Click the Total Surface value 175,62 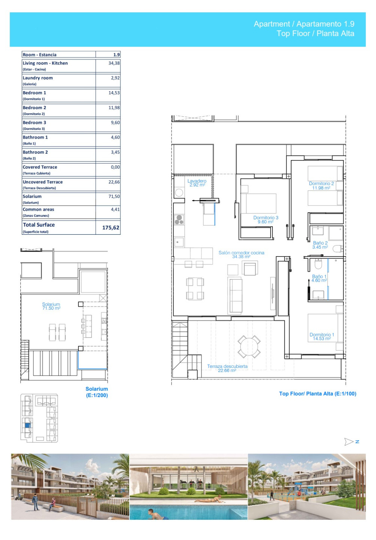[x=111, y=228]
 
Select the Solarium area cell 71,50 [x=114, y=196]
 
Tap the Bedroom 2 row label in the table [x=34, y=108]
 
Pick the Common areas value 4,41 [x=115, y=210]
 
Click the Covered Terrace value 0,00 [x=115, y=167]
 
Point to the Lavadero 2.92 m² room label [x=197, y=183]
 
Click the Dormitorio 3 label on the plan [x=266, y=220]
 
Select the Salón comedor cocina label [x=241, y=255]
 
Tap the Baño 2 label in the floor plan [x=320, y=245]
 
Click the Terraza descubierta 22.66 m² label [x=227, y=368]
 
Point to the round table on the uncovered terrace [x=249, y=346]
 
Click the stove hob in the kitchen [x=179, y=220]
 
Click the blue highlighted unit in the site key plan [x=28, y=426]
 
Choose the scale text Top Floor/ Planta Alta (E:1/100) [x=317, y=394]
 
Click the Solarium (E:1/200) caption [x=97, y=392]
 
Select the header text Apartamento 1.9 [x=325, y=24]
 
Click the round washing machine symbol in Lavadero [x=179, y=193]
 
